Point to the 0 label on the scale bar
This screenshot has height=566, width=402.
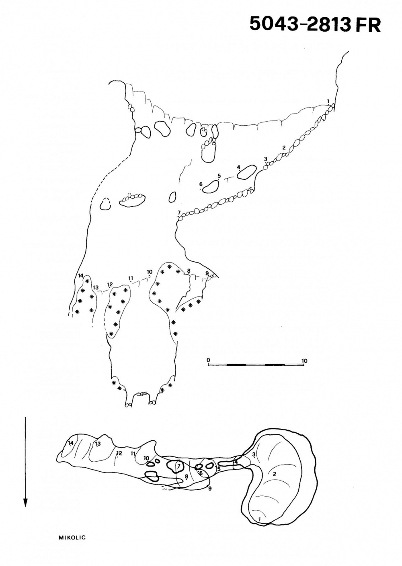[208, 360]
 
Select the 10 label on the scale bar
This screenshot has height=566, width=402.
[304, 360]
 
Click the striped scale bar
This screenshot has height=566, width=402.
[256, 365]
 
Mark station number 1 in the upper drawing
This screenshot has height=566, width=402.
[328, 101]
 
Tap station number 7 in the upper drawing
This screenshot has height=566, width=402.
[179, 212]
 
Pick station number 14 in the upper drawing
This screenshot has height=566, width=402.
[80, 275]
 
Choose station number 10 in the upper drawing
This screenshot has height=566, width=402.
[150, 272]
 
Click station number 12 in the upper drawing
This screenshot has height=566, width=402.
[110, 284]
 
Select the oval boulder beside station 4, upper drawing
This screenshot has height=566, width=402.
[247, 172]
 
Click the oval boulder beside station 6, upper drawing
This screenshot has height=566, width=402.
[211, 187]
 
